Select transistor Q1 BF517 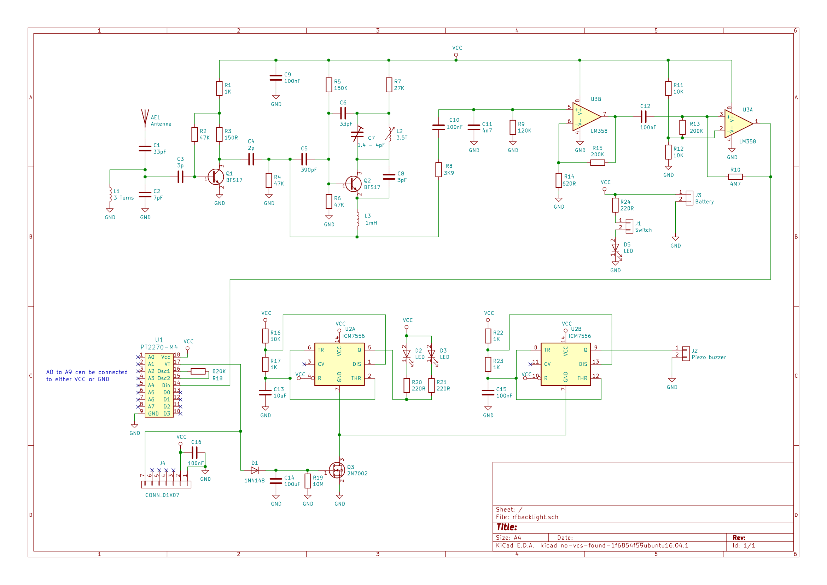(x=215, y=177)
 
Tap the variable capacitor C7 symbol (x=357, y=134)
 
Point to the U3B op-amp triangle (x=586, y=117)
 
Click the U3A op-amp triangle (x=738, y=123)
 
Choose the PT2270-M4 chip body (x=159, y=385)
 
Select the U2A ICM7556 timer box (x=339, y=364)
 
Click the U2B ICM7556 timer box (x=565, y=364)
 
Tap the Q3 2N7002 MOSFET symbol (x=337, y=470)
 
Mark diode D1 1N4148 (x=255, y=470)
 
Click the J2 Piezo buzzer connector (x=686, y=353)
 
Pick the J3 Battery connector (x=689, y=198)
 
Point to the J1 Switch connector (x=629, y=226)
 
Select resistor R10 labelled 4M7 (x=735, y=176)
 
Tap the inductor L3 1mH (x=358, y=219)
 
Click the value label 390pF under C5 (x=309, y=170)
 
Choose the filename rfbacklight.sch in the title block (x=535, y=517)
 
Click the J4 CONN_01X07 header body (x=166, y=485)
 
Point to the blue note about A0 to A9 (x=87, y=375)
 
